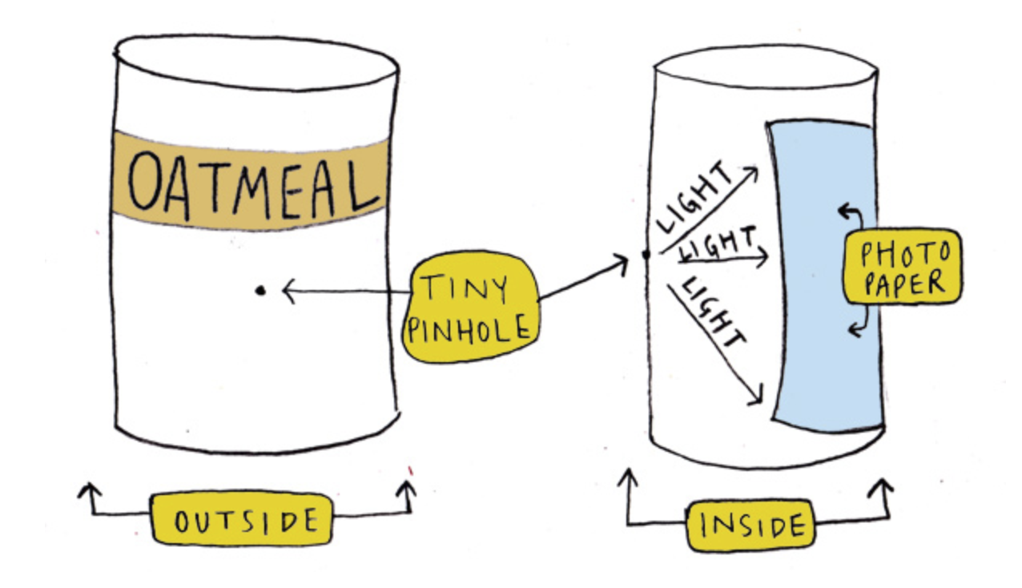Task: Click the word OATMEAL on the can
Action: (x=250, y=182)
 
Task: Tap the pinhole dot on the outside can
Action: (x=260, y=291)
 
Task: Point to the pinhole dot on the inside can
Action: (x=646, y=256)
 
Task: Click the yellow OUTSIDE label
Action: (x=241, y=522)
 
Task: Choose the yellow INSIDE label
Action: (x=750, y=526)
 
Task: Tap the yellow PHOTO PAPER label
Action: (x=903, y=268)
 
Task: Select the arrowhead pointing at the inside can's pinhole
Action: (x=622, y=260)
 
